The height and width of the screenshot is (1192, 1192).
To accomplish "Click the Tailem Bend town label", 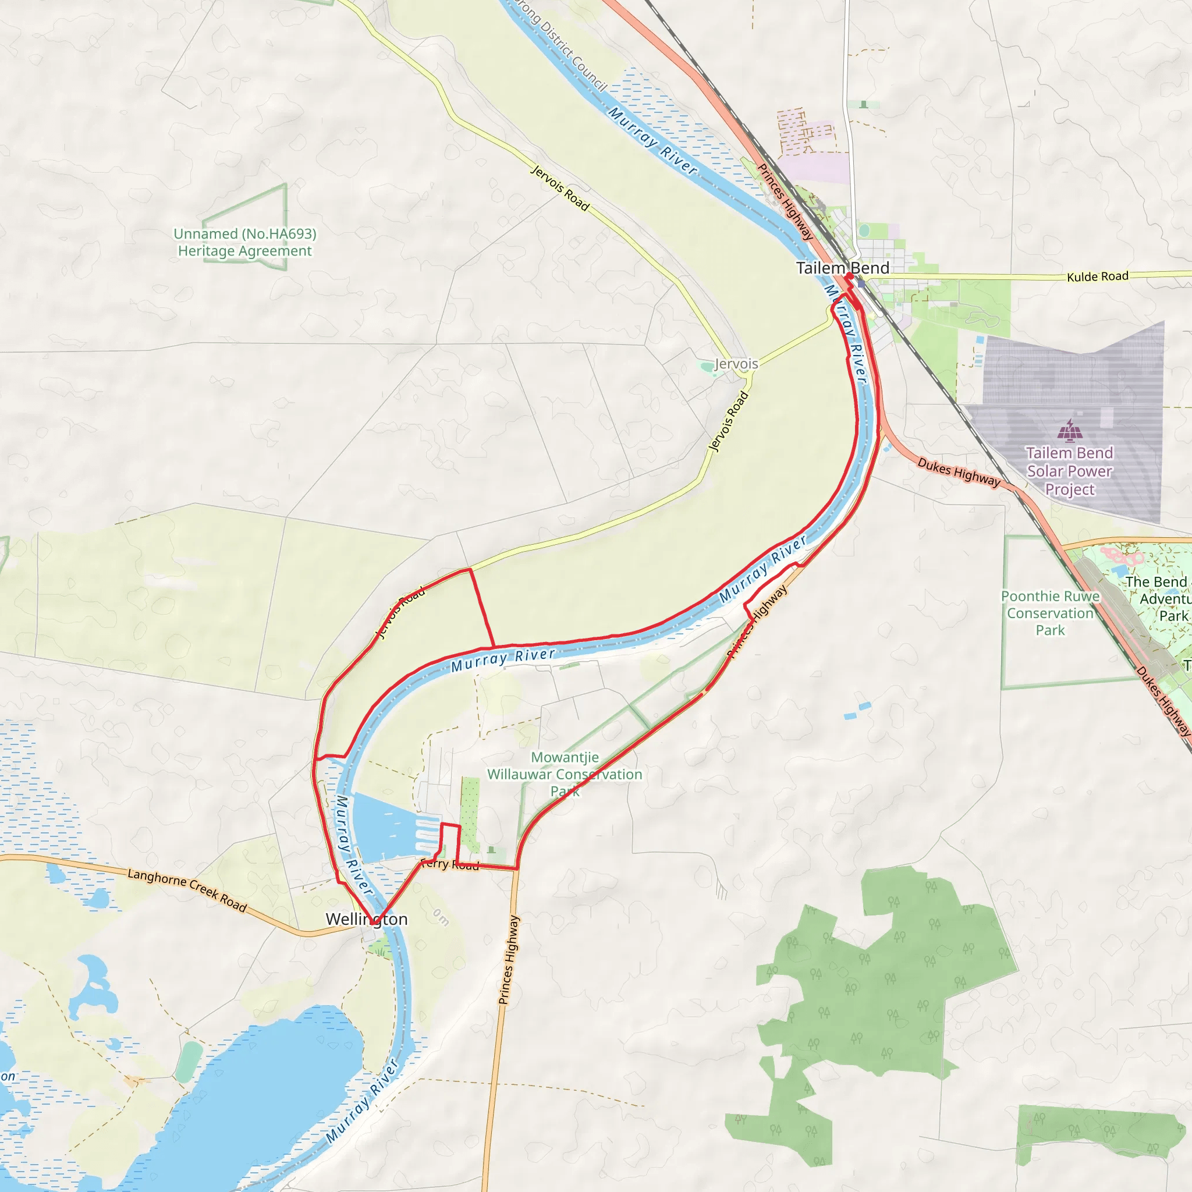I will (x=842, y=268).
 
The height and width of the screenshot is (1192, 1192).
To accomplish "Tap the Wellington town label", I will (x=367, y=919).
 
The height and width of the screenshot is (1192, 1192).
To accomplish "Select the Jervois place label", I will (x=736, y=364).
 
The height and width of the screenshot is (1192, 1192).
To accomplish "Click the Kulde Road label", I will (x=1098, y=276).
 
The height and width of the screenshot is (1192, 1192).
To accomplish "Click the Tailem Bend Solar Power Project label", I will (x=1069, y=471).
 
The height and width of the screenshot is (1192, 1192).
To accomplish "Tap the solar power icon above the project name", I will (x=1069, y=431).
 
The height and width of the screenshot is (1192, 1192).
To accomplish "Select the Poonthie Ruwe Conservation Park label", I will (x=1050, y=613).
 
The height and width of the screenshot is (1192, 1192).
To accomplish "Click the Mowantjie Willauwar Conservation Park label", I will (x=565, y=774).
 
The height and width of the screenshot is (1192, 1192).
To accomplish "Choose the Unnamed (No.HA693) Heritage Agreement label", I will (x=245, y=243).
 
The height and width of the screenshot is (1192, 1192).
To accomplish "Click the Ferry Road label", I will (x=450, y=864).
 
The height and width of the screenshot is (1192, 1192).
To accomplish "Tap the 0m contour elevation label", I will (x=441, y=917).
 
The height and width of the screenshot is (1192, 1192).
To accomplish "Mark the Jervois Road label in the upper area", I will (x=559, y=187).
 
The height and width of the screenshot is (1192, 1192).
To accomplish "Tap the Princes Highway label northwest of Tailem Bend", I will (x=785, y=201).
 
